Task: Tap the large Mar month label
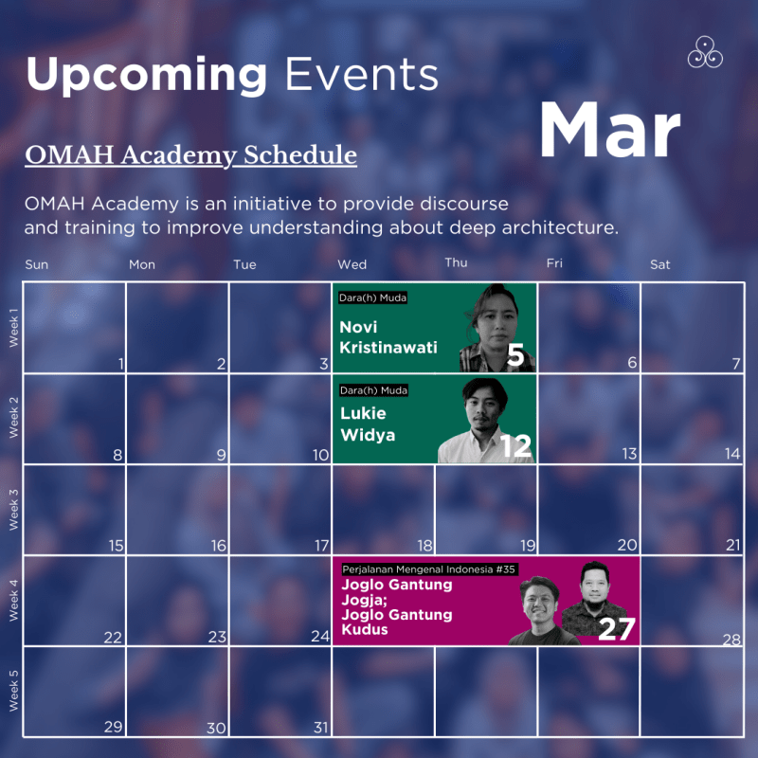click(x=610, y=131)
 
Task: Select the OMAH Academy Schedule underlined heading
click(x=190, y=155)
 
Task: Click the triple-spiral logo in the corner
click(x=705, y=52)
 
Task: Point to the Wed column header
click(x=352, y=264)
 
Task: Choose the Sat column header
click(x=659, y=264)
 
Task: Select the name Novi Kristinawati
click(x=388, y=336)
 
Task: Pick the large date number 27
click(x=616, y=629)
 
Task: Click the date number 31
click(x=320, y=728)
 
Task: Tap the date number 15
click(x=116, y=546)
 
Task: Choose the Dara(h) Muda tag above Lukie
click(x=372, y=388)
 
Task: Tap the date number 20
click(x=627, y=546)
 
